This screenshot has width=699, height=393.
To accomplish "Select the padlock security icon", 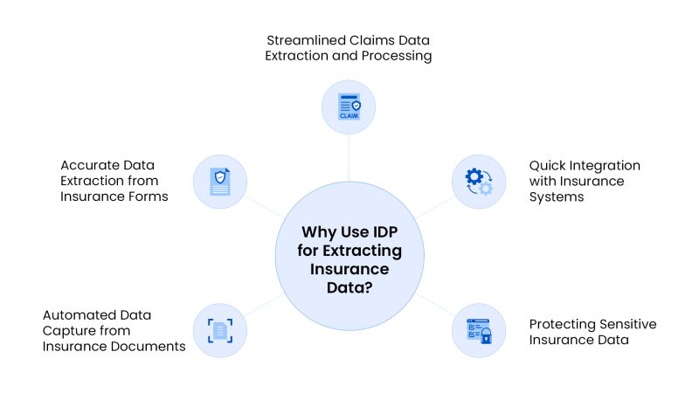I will click(x=479, y=330).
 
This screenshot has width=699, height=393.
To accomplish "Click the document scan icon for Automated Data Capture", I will click(x=219, y=330).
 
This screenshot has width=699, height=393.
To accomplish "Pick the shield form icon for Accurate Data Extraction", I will click(x=219, y=182).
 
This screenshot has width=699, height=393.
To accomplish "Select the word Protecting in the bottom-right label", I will click(x=565, y=324).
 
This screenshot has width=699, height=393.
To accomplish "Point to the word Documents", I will click(x=154, y=346).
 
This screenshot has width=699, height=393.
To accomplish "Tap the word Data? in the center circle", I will click(x=349, y=287).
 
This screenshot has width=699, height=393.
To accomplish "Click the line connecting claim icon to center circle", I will click(x=349, y=157).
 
